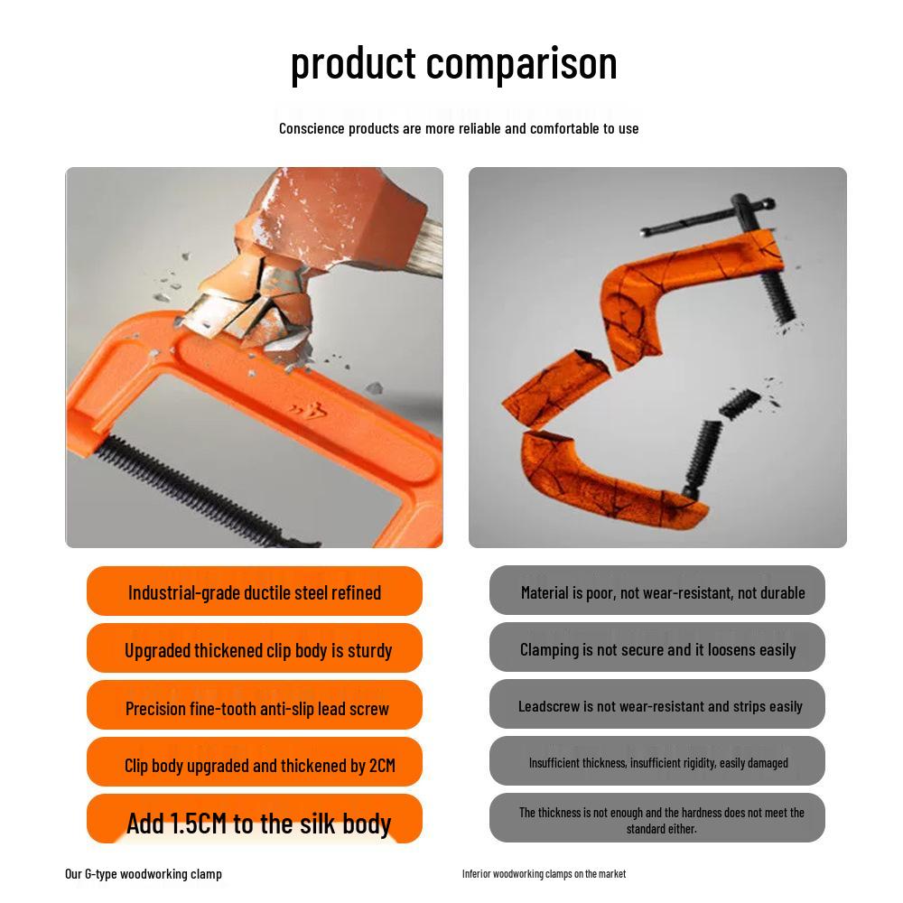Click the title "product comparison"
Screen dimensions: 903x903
pyautogui.click(x=453, y=63)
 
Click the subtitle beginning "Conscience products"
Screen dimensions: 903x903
pyautogui.click(x=459, y=128)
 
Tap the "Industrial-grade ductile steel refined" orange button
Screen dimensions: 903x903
pyautogui.click(x=255, y=592)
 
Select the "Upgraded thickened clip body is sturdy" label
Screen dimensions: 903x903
pyautogui.click(x=258, y=649)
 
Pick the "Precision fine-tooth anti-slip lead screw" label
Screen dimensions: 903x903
pyautogui.click(x=257, y=707)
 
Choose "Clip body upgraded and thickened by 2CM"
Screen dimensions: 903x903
pyautogui.click(x=260, y=765)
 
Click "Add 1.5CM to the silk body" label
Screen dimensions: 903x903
pyautogui.click(x=258, y=822)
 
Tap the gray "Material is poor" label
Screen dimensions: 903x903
pyautogui.click(x=662, y=592)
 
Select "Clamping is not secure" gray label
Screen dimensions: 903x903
pyautogui.click(x=657, y=649)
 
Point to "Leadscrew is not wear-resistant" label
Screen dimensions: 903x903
pyautogui.click(x=660, y=706)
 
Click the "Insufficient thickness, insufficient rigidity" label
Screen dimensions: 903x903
pyautogui.click(x=658, y=763)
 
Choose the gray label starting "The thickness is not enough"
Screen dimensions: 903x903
pyautogui.click(x=661, y=820)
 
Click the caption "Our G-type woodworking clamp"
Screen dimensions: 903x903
pyautogui.click(x=144, y=873)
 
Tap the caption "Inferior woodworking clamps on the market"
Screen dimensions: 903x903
pyautogui.click(x=544, y=873)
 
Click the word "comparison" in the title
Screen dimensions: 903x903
pyautogui.click(x=521, y=63)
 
